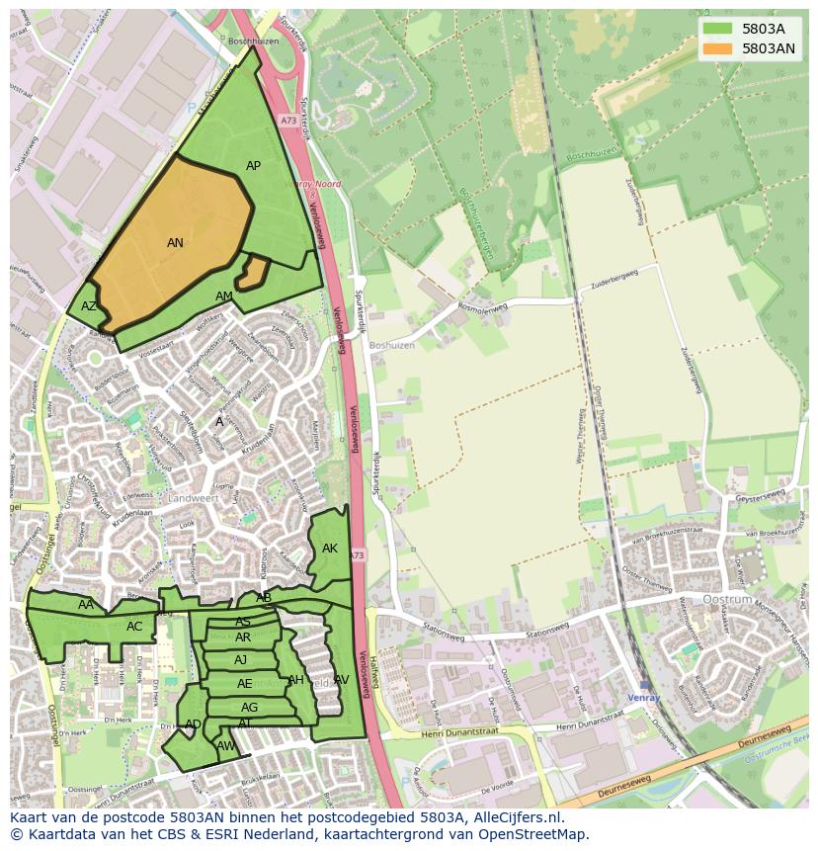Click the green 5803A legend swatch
pos(718,30)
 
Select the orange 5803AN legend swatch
pos(718,48)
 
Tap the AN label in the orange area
pos(175,243)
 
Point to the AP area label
pos(253,166)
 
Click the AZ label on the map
pos(89,306)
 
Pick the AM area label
pos(224,297)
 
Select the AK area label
pos(330,549)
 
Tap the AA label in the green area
pos(86,605)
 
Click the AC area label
pos(134,627)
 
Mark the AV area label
pos(342,680)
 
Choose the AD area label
pos(193,724)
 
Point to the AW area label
pos(225,746)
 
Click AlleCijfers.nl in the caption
pos(515,817)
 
